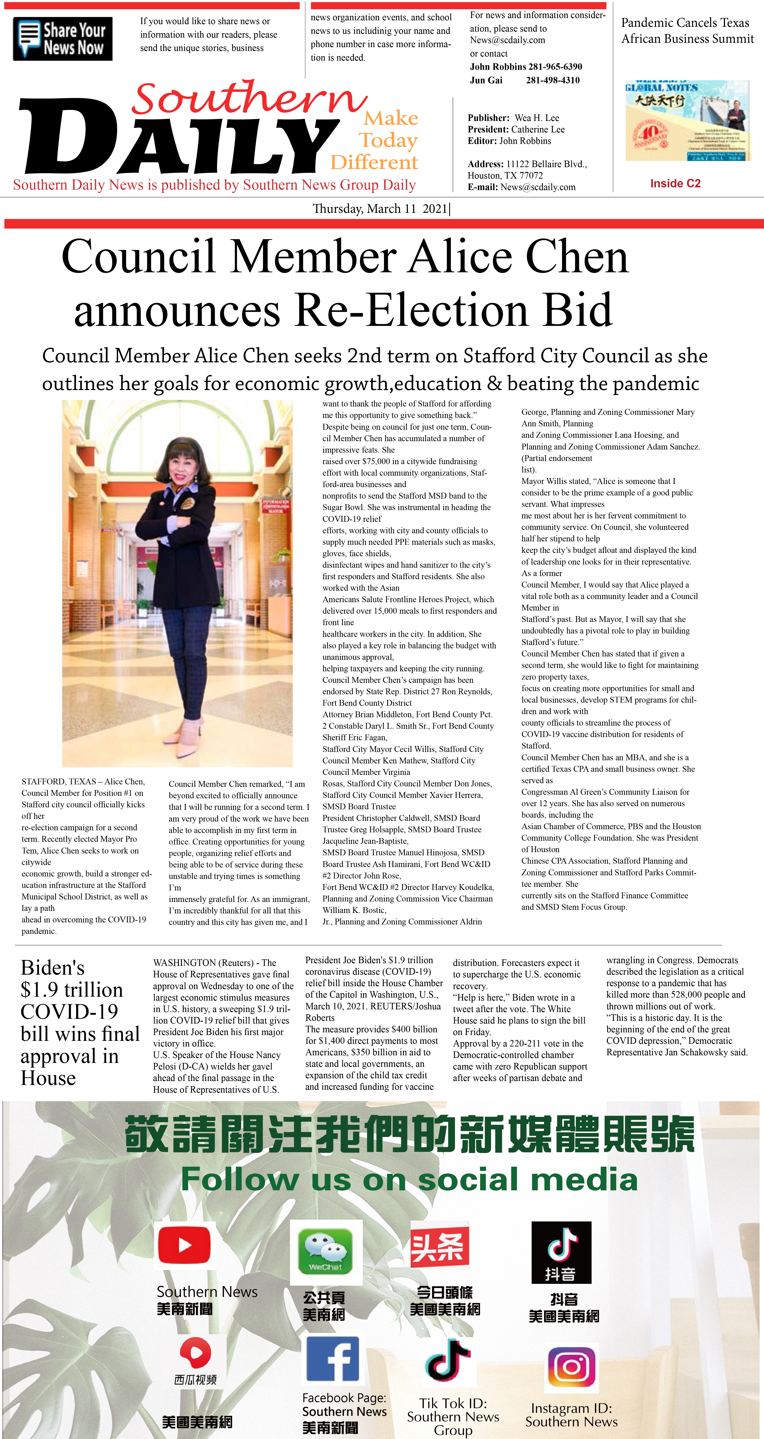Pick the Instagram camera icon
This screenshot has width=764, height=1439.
point(571,1367)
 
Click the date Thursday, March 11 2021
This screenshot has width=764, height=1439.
point(380,209)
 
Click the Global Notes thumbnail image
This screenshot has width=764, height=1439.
point(687,121)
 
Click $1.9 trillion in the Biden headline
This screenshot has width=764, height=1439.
point(71,990)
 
